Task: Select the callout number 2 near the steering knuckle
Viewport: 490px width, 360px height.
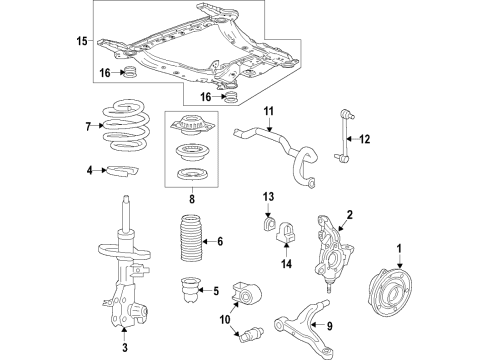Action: click(349, 214)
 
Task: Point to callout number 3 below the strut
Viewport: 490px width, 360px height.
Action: click(126, 349)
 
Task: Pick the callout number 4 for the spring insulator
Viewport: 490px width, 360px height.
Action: click(89, 170)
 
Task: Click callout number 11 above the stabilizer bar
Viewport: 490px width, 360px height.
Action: click(269, 110)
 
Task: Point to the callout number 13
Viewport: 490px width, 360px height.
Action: click(268, 195)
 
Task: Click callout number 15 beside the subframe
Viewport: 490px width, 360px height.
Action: click(82, 40)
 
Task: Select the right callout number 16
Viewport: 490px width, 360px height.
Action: click(204, 98)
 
